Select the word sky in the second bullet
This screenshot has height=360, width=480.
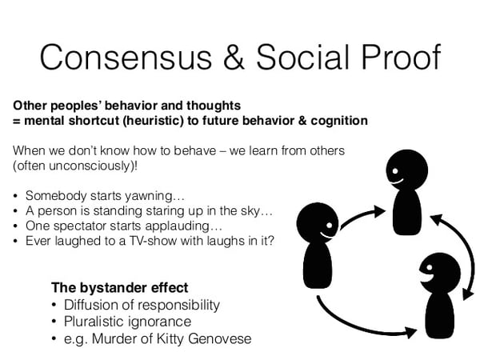(257, 210)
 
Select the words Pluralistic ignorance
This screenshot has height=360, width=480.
(128, 321)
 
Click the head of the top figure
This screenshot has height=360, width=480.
(403, 170)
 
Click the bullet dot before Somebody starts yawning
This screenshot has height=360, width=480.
(16, 195)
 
